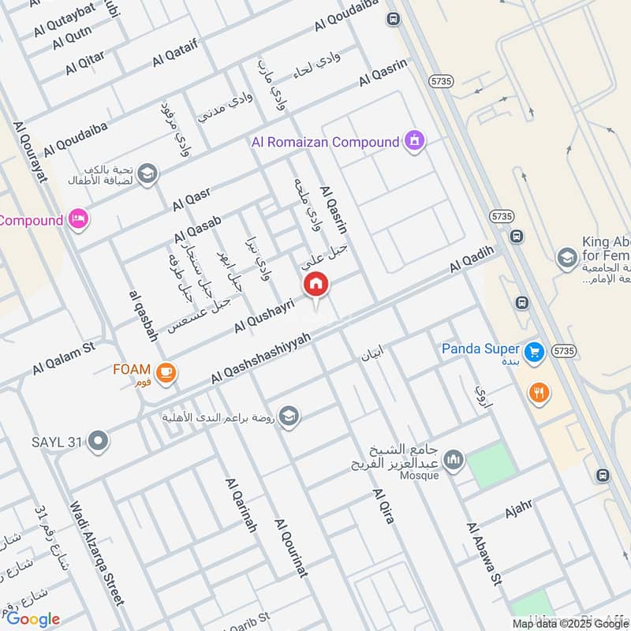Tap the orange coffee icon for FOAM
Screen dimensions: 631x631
165,372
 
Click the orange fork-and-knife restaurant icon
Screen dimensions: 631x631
539,392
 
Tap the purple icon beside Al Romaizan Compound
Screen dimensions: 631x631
413,142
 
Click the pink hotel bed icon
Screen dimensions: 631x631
77,219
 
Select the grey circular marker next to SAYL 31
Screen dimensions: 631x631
98,442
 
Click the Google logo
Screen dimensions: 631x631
32,618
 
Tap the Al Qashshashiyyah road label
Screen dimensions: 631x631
260,359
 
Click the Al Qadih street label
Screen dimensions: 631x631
472,259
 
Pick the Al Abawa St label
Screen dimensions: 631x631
484,554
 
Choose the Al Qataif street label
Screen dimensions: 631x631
178,54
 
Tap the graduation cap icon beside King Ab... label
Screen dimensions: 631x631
566,257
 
